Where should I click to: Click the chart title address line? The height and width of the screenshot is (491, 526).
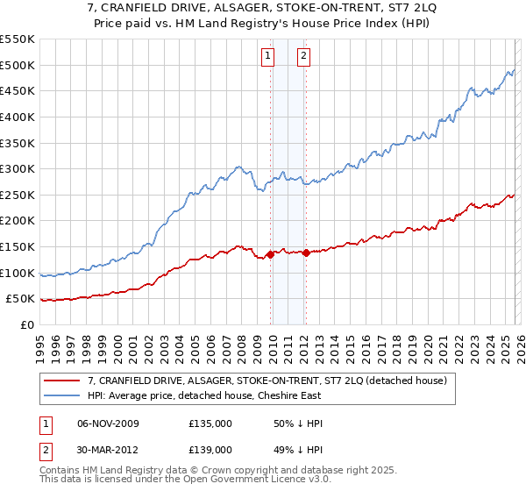click(x=262, y=9)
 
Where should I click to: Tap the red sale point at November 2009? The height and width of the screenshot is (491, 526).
click(x=270, y=254)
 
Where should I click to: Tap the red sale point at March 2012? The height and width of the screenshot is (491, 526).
click(x=306, y=253)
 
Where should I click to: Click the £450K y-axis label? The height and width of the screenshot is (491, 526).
click(x=17, y=90)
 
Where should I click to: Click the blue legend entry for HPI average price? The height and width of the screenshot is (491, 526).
click(x=210, y=396)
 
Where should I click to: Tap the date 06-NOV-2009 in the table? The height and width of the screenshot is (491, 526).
click(x=108, y=423)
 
